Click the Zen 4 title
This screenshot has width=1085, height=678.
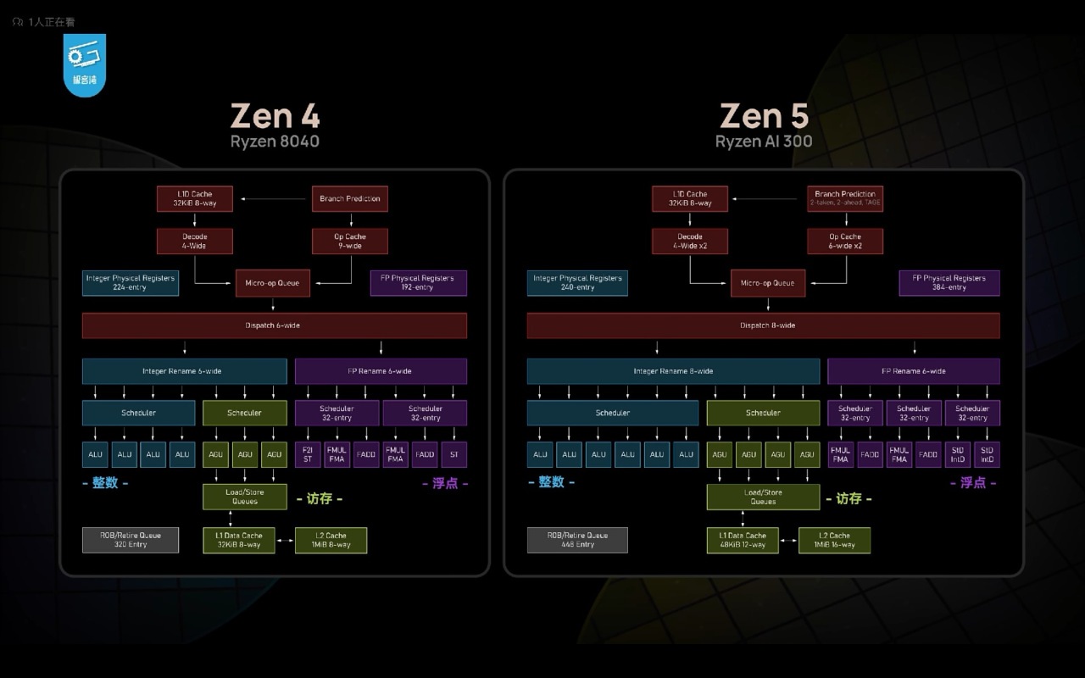(x=275, y=116)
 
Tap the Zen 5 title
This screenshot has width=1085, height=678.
(x=764, y=116)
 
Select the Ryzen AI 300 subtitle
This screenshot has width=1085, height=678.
(x=763, y=142)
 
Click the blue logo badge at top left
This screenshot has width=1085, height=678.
(x=84, y=64)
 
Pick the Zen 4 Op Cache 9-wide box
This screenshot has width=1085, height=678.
(x=349, y=242)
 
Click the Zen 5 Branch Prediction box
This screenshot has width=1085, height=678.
(x=844, y=199)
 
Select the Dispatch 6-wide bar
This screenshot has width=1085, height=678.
(x=274, y=325)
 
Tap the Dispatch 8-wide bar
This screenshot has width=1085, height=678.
(x=763, y=325)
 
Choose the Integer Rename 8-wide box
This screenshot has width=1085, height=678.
(x=673, y=371)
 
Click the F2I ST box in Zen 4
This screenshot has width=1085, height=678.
(x=308, y=454)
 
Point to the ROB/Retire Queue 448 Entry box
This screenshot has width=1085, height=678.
(x=577, y=540)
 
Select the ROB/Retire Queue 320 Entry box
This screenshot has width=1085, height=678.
(x=131, y=540)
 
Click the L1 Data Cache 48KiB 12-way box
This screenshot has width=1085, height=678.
(x=743, y=540)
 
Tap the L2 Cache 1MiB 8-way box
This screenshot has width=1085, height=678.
(x=331, y=540)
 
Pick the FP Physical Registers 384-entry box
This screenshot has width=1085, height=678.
(x=949, y=283)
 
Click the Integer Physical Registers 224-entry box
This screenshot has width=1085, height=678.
(x=131, y=283)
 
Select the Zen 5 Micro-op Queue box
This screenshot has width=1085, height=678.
(x=768, y=283)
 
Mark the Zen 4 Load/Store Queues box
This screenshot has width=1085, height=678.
(x=245, y=497)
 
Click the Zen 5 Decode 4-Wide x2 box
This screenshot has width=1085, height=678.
(x=690, y=242)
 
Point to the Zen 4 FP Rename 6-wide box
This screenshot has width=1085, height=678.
(x=381, y=371)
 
